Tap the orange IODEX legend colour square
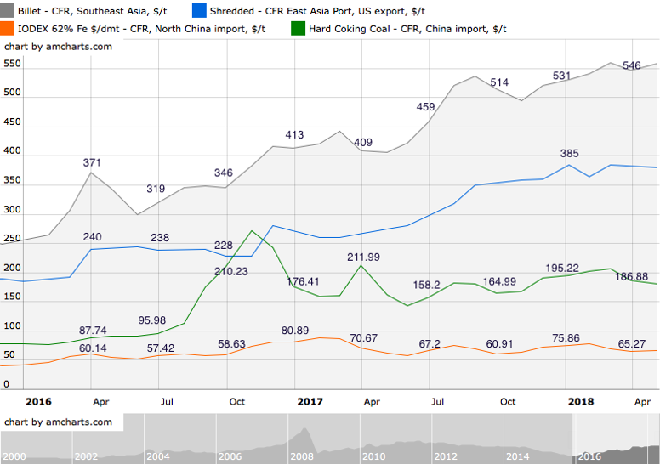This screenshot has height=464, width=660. pyautogui.click(x=9, y=28)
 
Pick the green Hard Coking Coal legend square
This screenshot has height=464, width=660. pyautogui.click(x=298, y=28)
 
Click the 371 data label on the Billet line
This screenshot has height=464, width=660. pyautogui.click(x=93, y=162)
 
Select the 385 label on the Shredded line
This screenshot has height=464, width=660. pyautogui.click(x=569, y=154)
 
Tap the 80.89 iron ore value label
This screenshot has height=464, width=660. pyautogui.click(x=294, y=331)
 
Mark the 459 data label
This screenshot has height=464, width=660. pyautogui.click(x=425, y=107)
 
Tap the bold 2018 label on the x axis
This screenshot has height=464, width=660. pyautogui.click(x=581, y=401)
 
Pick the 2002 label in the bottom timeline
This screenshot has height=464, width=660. pyautogui.click(x=87, y=456)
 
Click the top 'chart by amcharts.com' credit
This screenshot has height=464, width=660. pyautogui.click(x=59, y=47)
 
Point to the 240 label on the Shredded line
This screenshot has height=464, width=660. pyautogui.click(x=93, y=237)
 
